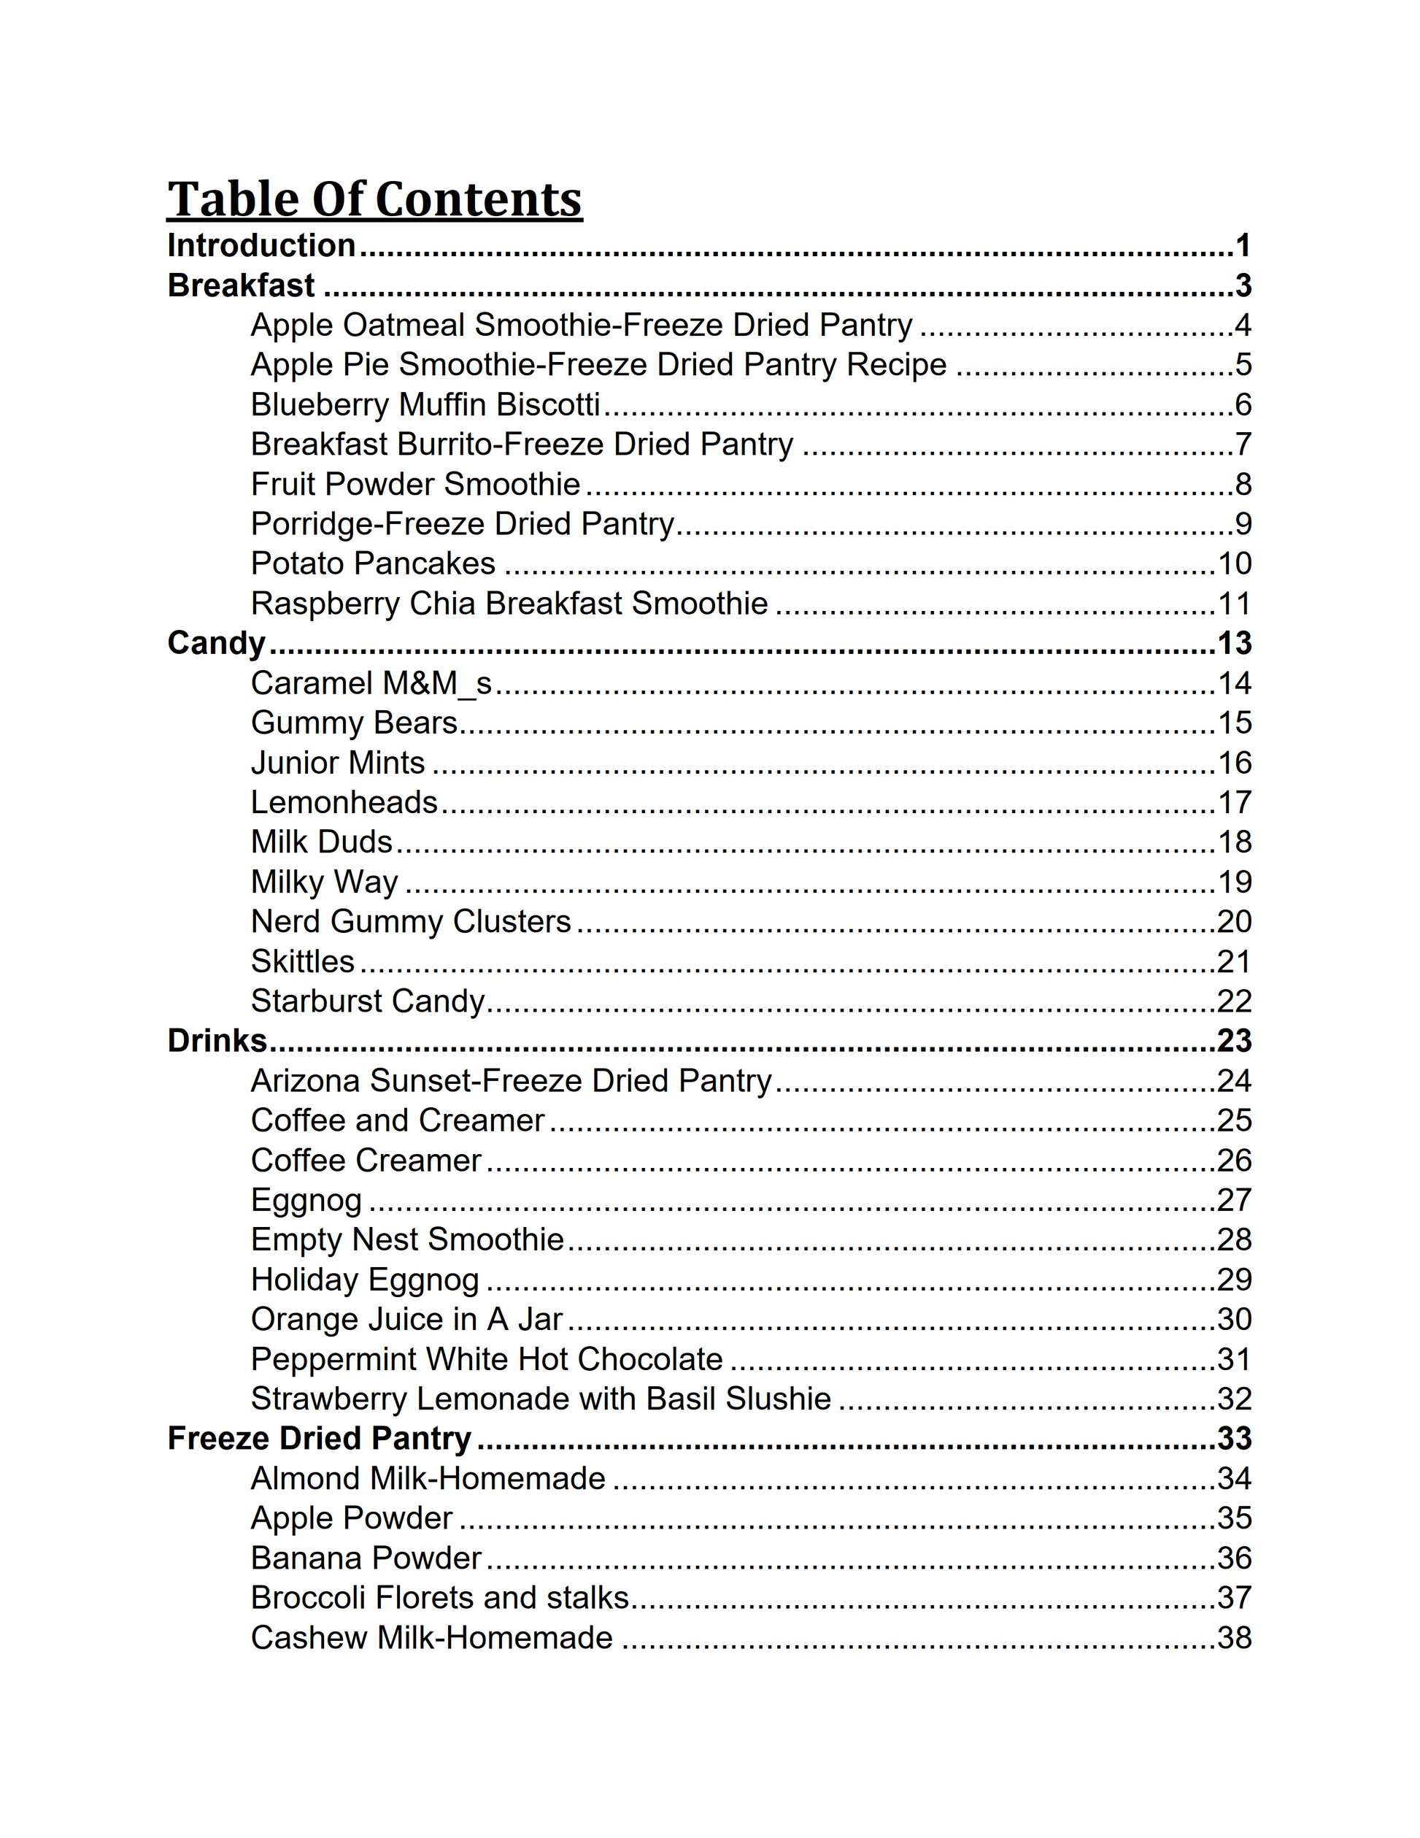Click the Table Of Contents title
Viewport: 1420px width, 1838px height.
point(374,199)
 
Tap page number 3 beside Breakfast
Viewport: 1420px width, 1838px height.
point(1243,286)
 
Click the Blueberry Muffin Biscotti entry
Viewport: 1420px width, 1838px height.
point(425,405)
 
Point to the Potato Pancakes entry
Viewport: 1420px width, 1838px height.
point(373,564)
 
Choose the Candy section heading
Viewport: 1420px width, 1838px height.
point(216,643)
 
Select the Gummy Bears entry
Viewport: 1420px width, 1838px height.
point(354,723)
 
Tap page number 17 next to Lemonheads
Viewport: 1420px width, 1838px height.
point(1234,803)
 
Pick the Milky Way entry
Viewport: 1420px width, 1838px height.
point(325,882)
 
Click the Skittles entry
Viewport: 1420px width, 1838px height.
point(303,962)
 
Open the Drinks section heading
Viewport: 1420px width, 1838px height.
point(217,1041)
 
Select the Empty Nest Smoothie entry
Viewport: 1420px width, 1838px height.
point(407,1239)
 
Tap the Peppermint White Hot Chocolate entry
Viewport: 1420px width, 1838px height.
point(486,1360)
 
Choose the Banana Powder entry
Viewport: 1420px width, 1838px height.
point(366,1558)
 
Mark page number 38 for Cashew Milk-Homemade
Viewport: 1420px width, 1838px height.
point(1234,1638)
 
